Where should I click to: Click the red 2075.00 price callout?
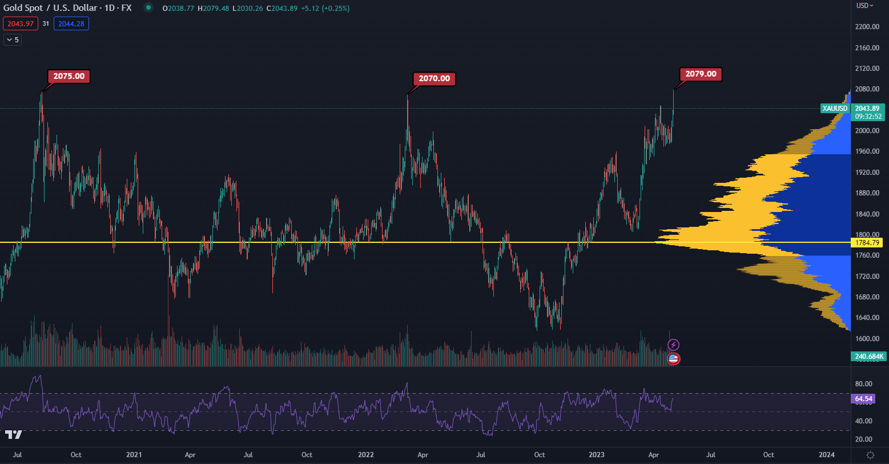69,76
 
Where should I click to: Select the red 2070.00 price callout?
434,79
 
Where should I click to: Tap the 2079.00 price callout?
701,74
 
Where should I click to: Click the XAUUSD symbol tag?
835,108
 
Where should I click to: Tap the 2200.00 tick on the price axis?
867,27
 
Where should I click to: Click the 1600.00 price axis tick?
867,338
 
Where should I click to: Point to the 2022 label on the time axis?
365,455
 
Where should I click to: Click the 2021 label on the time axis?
134,455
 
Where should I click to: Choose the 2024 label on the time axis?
826,455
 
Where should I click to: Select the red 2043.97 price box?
20,23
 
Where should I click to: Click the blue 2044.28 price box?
71,23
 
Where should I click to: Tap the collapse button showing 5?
13,39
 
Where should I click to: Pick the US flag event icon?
674,359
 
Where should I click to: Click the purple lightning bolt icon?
674,345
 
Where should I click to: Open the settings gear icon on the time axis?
870,455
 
